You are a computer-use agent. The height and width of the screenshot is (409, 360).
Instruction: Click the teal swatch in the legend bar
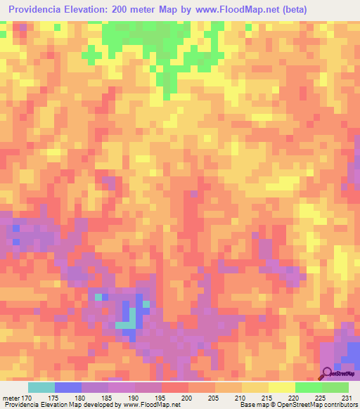(41, 387)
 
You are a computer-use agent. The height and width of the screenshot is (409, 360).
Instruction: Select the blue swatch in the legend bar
(68, 387)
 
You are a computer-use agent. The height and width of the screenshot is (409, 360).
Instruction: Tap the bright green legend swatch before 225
(308, 387)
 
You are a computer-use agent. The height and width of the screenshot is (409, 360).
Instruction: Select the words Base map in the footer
(252, 405)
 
